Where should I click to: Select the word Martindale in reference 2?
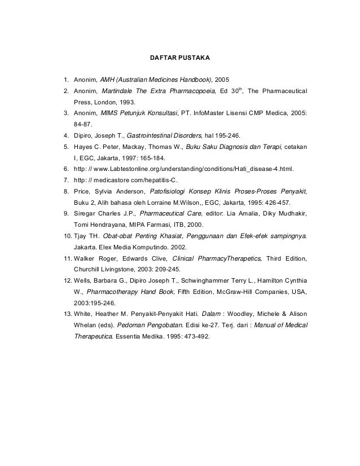pyautogui.click(x=117, y=91)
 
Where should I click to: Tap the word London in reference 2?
pyautogui.click(x=107, y=103)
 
